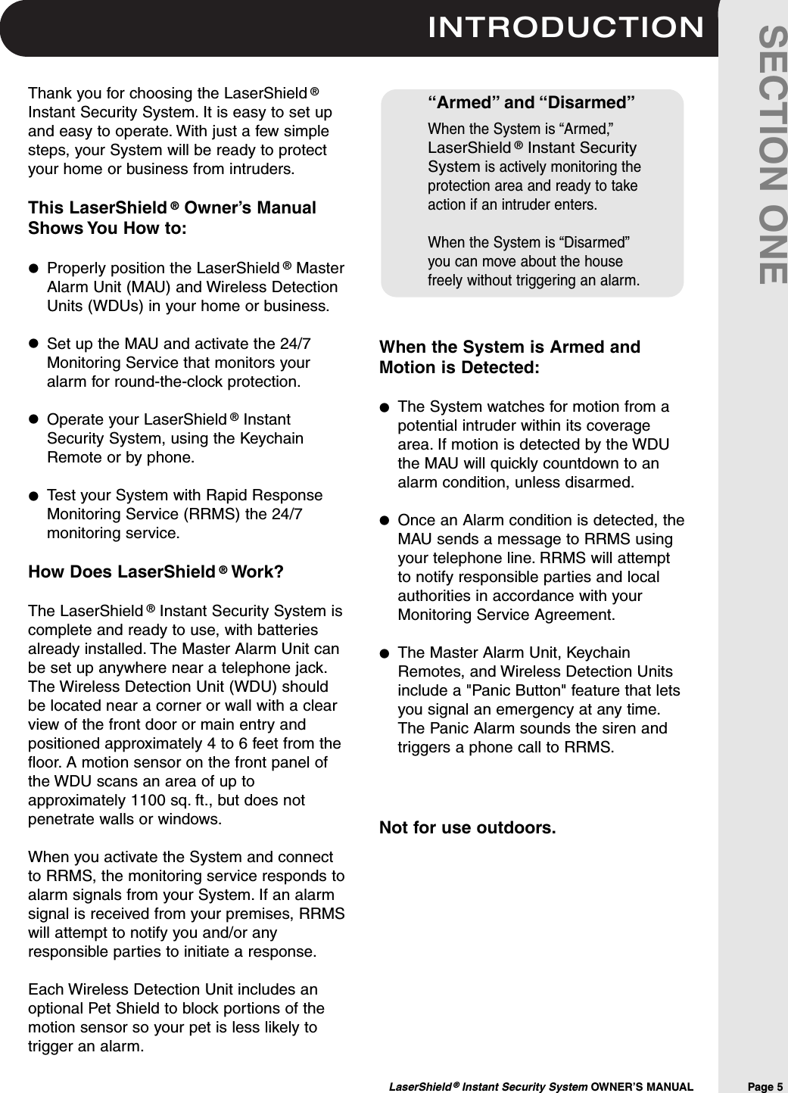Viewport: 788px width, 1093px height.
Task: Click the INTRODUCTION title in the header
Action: [565, 28]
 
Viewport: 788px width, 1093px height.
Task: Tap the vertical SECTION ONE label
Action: [772, 155]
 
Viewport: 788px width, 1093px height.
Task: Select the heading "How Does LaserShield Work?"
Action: [156, 571]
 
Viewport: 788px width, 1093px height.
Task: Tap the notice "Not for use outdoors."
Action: [467, 827]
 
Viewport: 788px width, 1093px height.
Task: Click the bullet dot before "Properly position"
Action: [33, 269]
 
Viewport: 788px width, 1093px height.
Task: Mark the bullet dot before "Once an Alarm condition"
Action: [385, 521]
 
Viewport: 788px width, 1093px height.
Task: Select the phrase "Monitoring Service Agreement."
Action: [506, 615]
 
